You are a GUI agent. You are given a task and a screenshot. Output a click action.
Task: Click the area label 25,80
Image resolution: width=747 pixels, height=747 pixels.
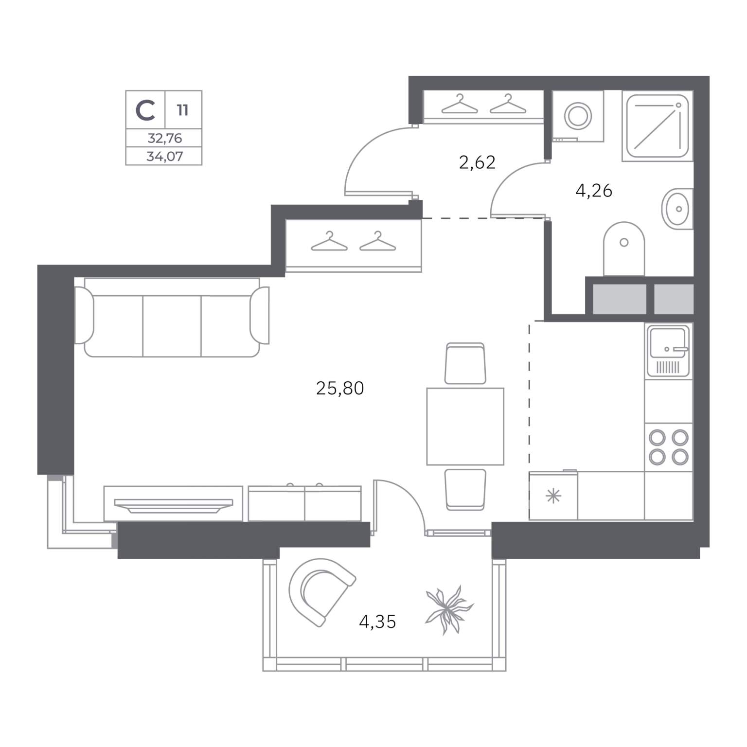[340, 389]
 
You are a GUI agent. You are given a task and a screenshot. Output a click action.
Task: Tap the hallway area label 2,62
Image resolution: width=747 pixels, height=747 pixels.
[477, 162]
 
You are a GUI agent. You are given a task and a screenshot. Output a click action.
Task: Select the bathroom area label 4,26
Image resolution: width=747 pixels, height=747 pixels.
[593, 191]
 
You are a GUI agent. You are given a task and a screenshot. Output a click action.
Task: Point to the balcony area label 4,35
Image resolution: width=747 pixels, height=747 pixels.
[377, 622]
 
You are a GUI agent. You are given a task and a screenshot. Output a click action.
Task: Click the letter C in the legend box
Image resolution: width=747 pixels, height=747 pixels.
[145, 110]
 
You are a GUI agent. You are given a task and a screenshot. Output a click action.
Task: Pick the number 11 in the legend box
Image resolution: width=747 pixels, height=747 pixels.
[183, 110]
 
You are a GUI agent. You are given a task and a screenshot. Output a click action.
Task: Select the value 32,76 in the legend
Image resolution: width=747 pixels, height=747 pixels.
[165, 139]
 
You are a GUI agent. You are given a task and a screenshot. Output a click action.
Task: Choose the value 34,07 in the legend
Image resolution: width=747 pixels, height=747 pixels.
[165, 157]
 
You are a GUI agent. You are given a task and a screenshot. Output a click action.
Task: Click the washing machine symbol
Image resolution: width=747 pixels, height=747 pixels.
[578, 116]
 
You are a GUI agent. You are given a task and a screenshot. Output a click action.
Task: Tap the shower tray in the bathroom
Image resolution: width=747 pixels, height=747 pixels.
[658, 126]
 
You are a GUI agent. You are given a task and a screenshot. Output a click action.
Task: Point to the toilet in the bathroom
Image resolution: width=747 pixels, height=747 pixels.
[624, 249]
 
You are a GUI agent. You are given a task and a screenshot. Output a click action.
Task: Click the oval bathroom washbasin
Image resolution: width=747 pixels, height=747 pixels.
[676, 209]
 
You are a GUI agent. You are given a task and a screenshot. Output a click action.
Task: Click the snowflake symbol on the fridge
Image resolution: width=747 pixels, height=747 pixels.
[553, 497]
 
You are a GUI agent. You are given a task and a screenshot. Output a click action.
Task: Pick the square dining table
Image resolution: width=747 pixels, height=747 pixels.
[465, 427]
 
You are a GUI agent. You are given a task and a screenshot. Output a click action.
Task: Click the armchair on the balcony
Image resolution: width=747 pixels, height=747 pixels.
[320, 591]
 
